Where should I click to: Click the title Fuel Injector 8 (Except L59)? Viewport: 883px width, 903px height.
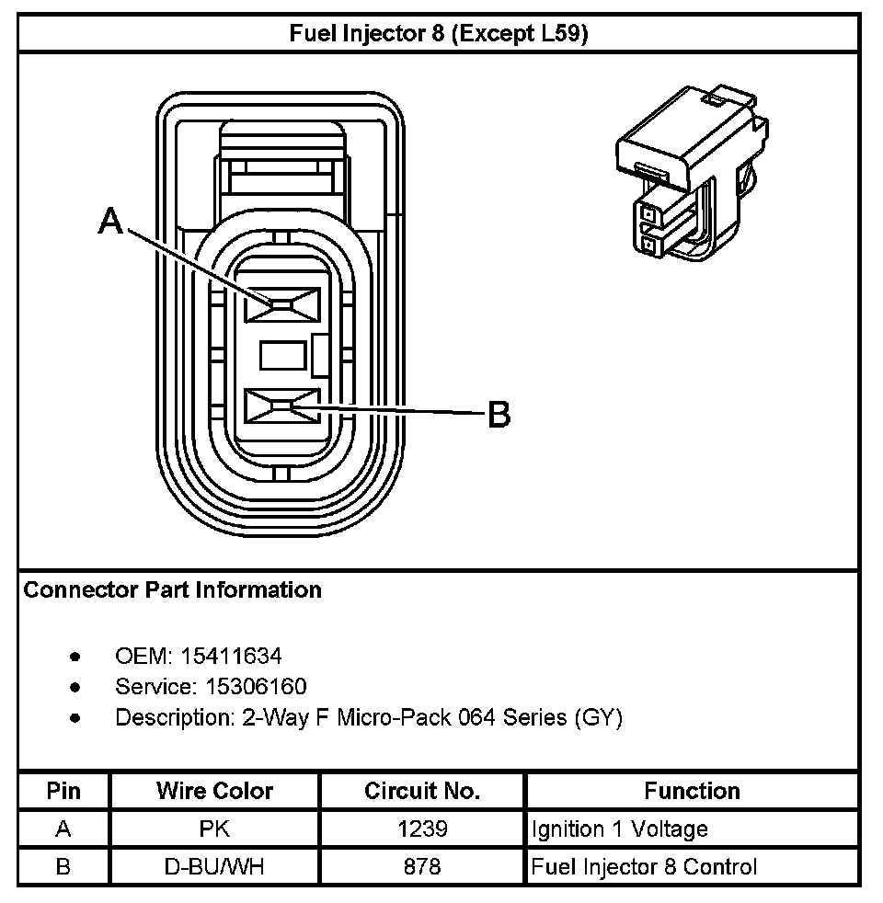(x=439, y=35)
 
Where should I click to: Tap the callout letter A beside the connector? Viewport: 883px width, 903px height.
(x=110, y=221)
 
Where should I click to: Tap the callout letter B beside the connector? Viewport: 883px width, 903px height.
(x=498, y=415)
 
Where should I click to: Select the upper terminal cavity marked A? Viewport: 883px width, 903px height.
(x=281, y=304)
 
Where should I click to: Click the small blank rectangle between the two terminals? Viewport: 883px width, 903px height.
(x=281, y=355)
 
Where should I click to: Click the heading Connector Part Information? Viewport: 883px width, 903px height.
(x=172, y=590)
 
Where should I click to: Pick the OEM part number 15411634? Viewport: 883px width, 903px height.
(x=231, y=657)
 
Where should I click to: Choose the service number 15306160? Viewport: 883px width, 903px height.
(x=244, y=687)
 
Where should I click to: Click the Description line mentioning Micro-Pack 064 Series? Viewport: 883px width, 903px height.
(x=368, y=718)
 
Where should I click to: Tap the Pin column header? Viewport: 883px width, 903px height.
(x=63, y=791)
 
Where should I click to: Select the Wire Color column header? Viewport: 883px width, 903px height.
(x=214, y=791)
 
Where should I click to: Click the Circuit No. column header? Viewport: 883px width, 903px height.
(x=422, y=791)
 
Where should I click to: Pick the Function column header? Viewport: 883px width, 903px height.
(x=692, y=791)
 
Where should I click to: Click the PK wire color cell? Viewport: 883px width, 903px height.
(x=214, y=829)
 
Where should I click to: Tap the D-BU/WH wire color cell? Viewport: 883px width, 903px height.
(x=214, y=866)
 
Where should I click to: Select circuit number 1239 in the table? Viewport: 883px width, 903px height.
(x=422, y=829)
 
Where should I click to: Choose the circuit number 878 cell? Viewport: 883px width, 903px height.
(x=422, y=866)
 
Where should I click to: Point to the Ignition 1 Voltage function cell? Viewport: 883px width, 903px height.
(x=620, y=829)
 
